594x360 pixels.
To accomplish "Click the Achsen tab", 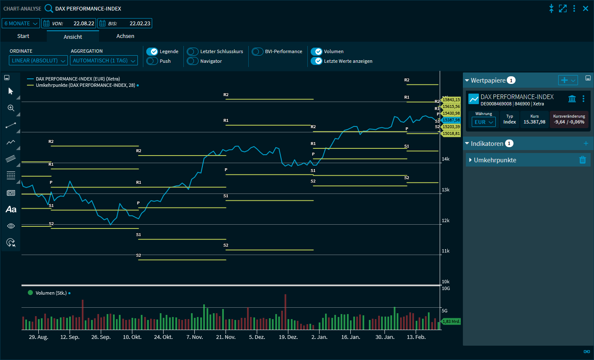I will point(125,36).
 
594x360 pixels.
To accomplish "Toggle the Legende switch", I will point(152,51).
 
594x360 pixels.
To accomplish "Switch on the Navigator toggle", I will point(193,61).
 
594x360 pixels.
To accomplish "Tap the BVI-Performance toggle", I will point(258,51).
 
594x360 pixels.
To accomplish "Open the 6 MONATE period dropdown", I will point(21,24).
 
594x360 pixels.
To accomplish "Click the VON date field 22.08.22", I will point(83,24).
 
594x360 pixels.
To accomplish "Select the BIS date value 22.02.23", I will point(140,24).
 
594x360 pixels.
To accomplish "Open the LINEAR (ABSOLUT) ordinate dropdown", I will point(38,61).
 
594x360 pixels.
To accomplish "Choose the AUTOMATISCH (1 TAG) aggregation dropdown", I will point(104,61).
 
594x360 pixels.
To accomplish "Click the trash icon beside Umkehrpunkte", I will point(583,160).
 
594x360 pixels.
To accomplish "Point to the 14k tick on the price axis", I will point(446,159).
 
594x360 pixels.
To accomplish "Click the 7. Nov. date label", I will point(195,337).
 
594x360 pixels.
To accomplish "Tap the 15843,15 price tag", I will point(451,100).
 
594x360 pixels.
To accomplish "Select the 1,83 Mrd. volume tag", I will point(451,322).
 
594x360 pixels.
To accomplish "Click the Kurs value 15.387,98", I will point(534,122).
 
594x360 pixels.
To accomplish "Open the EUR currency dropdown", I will point(484,122).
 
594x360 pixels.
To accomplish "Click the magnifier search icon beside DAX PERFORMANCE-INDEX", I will point(49,8).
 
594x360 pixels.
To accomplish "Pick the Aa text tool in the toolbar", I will point(11,210).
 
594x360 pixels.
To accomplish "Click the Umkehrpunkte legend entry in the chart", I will point(85,85).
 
